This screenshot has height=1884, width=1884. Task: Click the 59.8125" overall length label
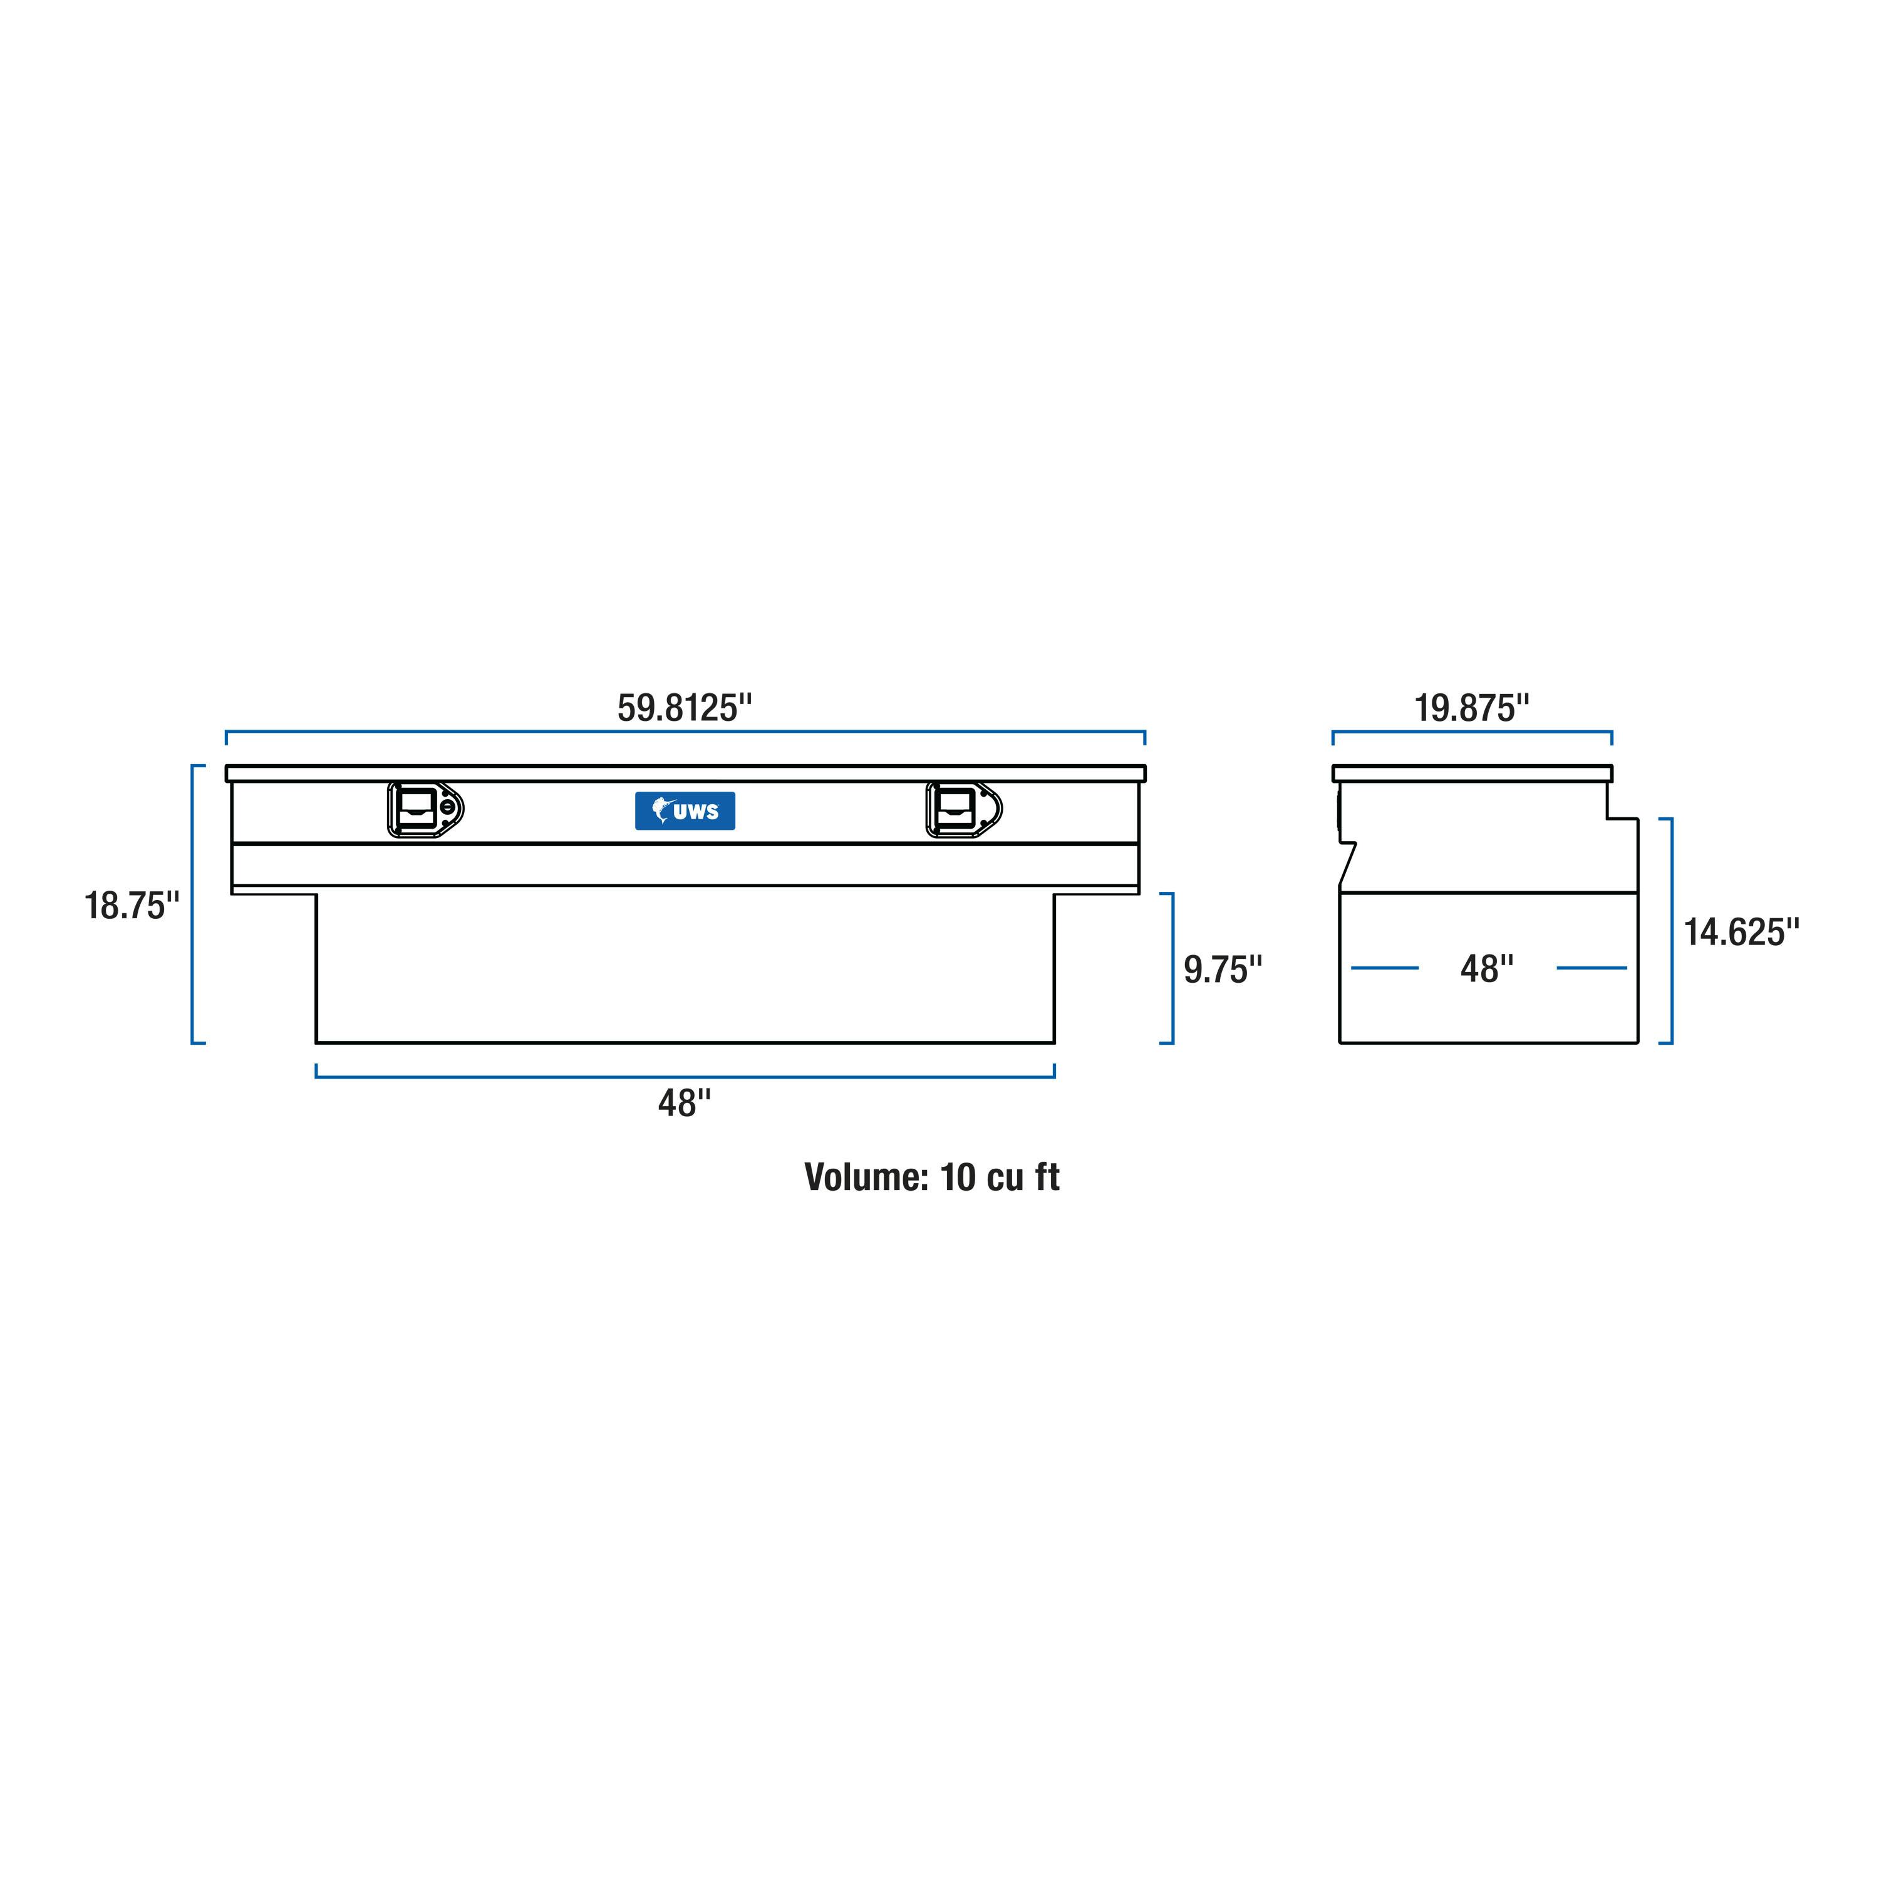(685, 708)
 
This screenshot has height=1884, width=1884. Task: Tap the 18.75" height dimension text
(132, 905)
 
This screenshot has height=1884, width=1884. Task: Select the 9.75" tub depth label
(1223, 970)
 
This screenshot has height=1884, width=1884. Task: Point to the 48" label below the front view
(685, 1103)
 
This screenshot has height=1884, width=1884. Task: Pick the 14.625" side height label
(1742, 932)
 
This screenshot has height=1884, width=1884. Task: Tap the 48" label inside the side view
(1487, 968)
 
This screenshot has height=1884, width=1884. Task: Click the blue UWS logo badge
(685, 810)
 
